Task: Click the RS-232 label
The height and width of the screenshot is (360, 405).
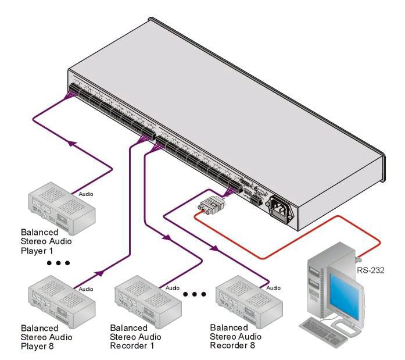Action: (x=370, y=269)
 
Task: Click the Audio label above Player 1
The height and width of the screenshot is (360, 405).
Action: (x=85, y=193)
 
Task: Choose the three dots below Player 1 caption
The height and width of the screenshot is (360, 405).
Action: (x=59, y=263)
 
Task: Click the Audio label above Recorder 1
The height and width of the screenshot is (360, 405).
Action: (x=173, y=287)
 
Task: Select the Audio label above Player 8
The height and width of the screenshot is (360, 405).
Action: (x=85, y=289)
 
